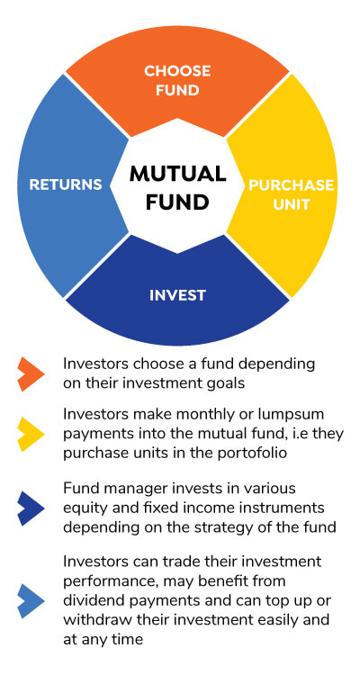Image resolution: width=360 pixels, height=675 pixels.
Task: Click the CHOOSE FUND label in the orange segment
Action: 177,80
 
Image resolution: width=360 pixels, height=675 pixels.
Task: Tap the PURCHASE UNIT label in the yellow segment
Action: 292,194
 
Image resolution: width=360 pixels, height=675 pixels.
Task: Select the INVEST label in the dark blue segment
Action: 177,295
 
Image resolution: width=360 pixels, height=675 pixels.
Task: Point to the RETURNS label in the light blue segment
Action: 66,184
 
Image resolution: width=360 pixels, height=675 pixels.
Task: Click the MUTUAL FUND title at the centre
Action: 177,188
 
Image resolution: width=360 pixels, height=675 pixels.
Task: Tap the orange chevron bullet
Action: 31,373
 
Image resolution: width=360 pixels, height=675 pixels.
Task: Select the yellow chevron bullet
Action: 31,434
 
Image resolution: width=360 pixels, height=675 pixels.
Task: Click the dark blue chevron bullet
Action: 31,508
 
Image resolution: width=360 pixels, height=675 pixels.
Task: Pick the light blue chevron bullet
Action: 31,600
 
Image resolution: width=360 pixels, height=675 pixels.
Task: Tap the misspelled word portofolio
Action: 247,454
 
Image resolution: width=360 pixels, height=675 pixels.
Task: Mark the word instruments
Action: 280,508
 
